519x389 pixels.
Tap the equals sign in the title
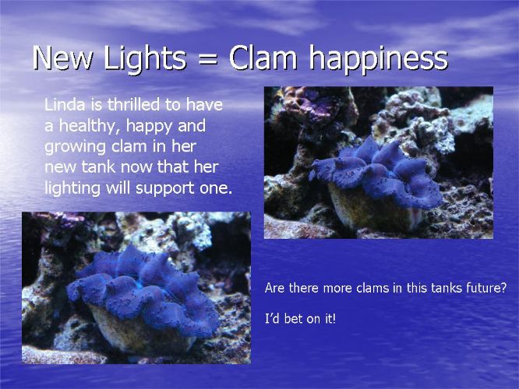[x=207, y=60]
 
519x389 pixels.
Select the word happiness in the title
[x=379, y=58]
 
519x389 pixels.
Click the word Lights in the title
[x=144, y=58]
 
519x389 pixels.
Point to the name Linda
[x=65, y=104]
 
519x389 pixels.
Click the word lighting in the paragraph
[x=72, y=188]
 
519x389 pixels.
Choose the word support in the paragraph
[x=165, y=189]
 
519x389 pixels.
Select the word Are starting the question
[x=274, y=288]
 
